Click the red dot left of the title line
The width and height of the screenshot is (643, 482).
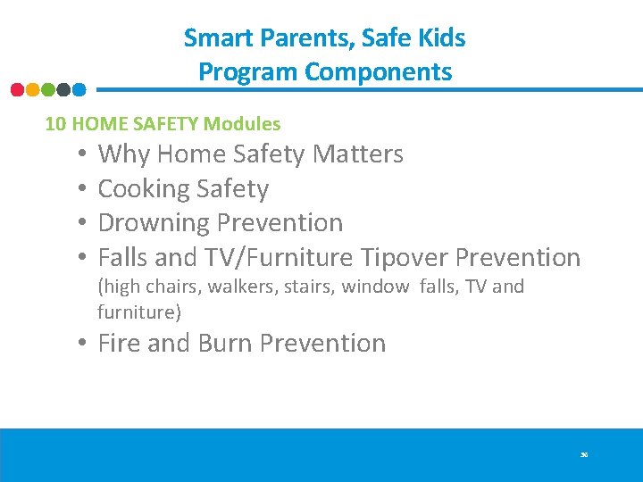point(17,89)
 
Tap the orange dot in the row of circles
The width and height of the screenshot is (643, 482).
point(32,89)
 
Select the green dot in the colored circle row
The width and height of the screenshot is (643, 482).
point(47,89)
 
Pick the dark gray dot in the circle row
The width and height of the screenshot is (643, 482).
point(63,89)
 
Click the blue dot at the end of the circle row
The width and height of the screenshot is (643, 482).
point(79,89)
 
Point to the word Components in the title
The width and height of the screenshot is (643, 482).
point(379,71)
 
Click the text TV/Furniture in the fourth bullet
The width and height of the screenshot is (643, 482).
point(280,258)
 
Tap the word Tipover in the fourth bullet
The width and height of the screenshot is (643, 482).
point(405,258)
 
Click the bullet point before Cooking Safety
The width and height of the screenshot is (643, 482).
point(81,189)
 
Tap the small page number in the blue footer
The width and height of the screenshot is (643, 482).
point(584,455)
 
